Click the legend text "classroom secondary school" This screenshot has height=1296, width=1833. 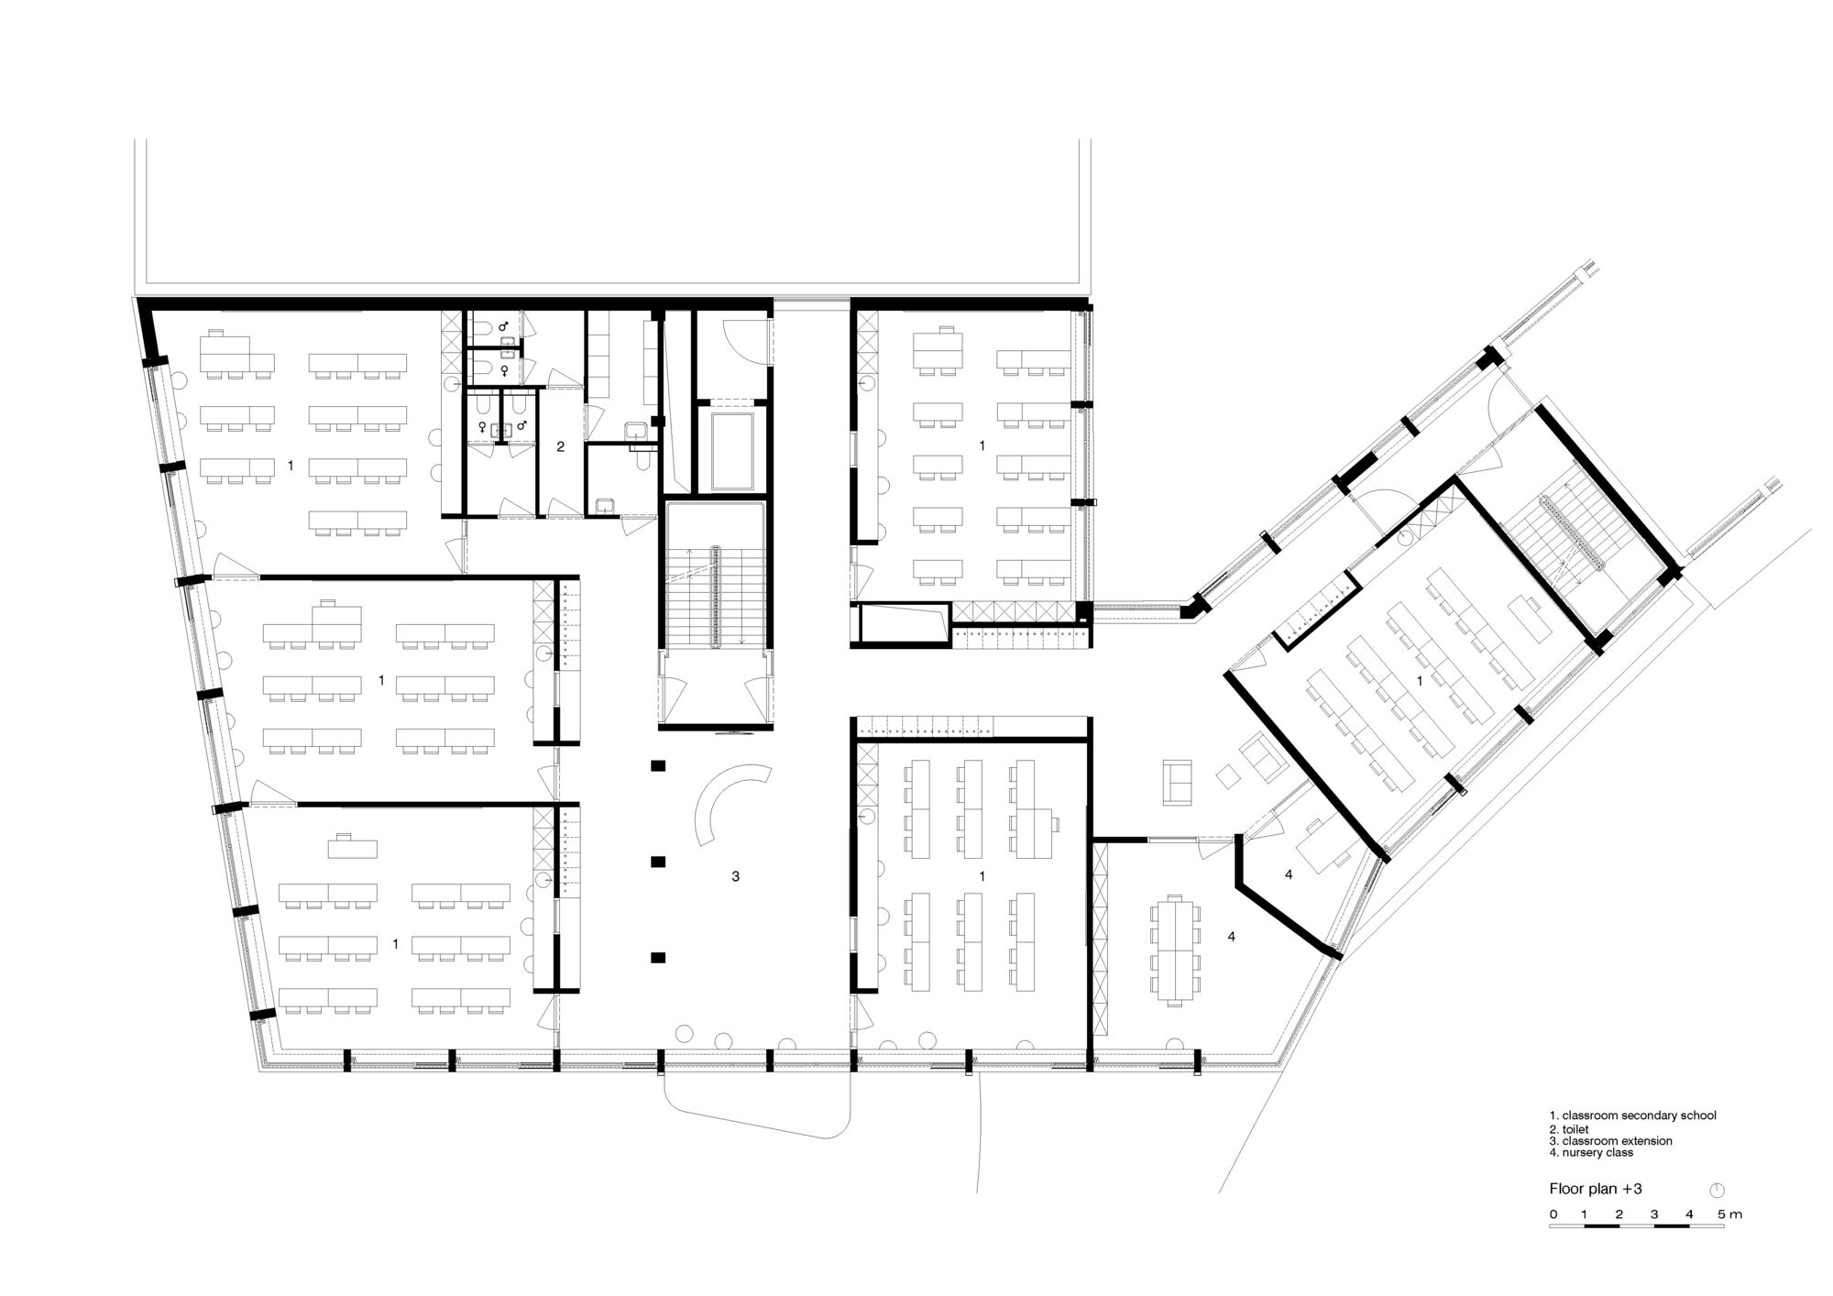click(x=1640, y=1115)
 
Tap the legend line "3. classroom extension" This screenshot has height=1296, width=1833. click(x=1610, y=1141)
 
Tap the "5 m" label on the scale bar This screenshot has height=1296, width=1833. click(x=1729, y=1214)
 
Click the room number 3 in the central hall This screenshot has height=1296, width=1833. click(x=735, y=877)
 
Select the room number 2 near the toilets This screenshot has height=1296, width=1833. click(x=561, y=447)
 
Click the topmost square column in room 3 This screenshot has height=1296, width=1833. click(x=657, y=765)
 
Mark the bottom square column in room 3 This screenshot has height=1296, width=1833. click(x=657, y=958)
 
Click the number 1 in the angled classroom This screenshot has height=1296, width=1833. click(x=1420, y=681)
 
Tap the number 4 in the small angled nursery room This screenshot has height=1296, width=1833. click(x=1288, y=875)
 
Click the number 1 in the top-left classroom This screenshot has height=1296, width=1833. click(x=291, y=466)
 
